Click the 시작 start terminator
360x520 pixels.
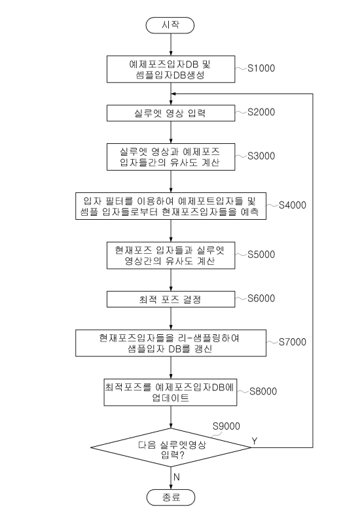pos(170,26)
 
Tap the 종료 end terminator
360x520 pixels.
pos(171,497)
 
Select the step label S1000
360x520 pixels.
pos(261,68)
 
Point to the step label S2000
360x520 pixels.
pos(261,112)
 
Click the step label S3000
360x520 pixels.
pos(261,156)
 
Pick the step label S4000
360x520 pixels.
pos(293,205)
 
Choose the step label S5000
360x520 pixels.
pos(261,254)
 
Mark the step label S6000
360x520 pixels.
pos(261,298)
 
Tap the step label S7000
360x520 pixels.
pos(293,342)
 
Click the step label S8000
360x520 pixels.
pos(263,391)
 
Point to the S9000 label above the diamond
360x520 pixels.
pos(226,426)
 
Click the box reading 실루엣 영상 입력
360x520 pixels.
pos(171,113)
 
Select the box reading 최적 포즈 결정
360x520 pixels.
pos(171,299)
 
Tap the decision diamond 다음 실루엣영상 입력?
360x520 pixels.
pos(171,447)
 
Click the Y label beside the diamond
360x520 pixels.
pos(255,441)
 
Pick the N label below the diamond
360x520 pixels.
pos(177,477)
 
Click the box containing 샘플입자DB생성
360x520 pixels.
pos(171,69)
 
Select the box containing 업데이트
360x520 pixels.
pos(171,392)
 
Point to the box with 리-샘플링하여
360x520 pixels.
pos(171,343)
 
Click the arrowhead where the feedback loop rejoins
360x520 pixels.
pos(173,94)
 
